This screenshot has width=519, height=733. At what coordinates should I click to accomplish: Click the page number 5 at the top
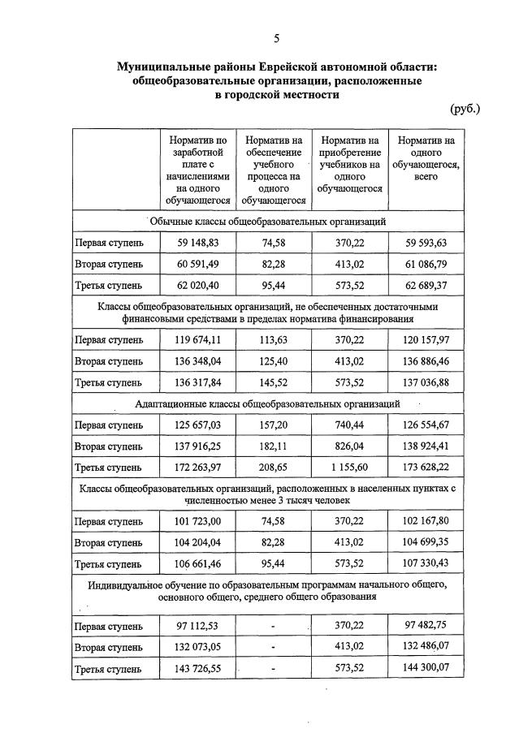point(277,38)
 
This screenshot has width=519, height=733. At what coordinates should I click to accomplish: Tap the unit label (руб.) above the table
point(465,109)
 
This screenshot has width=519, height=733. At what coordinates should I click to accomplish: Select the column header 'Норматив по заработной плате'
point(197,170)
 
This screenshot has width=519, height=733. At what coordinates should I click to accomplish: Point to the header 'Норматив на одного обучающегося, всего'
point(426,158)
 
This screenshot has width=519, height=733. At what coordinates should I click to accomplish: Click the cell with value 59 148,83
point(197,242)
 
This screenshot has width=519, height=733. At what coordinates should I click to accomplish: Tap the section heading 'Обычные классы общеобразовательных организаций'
point(267,221)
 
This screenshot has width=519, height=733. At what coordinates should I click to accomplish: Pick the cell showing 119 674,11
point(197,339)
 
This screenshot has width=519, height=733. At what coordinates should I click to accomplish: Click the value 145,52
point(274,382)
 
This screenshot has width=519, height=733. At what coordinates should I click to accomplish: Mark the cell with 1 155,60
point(350,468)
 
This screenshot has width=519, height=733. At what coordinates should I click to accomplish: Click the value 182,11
point(274,446)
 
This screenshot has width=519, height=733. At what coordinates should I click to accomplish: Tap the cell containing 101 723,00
point(197,521)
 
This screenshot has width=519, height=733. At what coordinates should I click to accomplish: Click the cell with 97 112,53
point(197,626)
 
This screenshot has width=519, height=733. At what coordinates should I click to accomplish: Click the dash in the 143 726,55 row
point(274,669)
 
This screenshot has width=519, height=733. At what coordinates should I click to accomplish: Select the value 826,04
point(350,446)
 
